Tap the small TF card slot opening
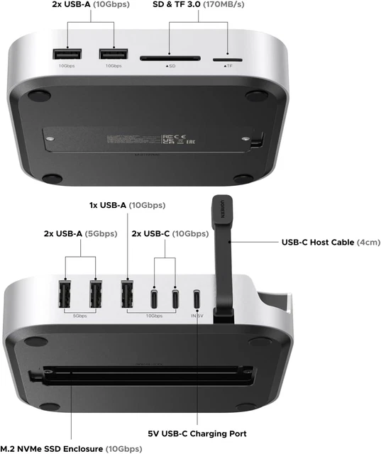(x=227, y=56)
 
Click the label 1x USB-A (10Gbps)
(x=128, y=206)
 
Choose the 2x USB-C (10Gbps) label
(x=170, y=233)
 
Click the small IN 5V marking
(x=197, y=316)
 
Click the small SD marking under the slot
(x=170, y=66)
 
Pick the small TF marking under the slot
(x=227, y=66)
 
